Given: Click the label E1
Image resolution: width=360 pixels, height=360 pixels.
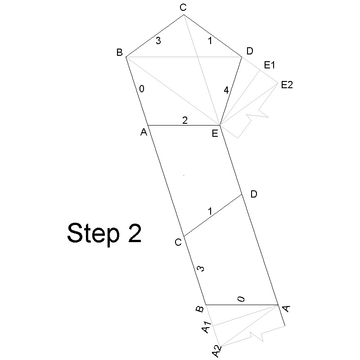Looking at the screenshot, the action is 270,65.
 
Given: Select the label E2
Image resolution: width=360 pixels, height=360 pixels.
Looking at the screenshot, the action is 287,85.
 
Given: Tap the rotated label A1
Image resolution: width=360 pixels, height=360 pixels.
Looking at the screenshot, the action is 207,327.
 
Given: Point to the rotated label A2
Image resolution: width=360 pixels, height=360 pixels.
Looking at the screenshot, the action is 216,351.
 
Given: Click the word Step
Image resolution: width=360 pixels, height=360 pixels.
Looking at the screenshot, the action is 94,234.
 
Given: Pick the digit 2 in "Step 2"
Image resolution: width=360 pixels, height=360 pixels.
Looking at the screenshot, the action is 135,232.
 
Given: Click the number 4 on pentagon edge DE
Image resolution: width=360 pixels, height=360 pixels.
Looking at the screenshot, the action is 226,90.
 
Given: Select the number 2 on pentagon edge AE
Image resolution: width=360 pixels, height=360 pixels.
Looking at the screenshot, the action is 185,120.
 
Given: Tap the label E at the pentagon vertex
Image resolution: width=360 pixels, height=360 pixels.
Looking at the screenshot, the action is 215,133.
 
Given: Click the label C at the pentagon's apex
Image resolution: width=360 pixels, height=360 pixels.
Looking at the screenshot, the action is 183,8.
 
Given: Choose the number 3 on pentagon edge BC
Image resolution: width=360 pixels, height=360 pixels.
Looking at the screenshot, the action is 158,40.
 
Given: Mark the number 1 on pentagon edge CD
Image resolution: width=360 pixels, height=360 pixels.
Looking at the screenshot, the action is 210,41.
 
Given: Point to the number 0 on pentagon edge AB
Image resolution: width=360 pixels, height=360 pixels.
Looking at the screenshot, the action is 142,89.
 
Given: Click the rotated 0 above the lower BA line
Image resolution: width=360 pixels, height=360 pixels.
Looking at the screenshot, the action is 241,299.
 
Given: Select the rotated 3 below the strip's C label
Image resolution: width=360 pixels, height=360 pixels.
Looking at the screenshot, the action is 201,268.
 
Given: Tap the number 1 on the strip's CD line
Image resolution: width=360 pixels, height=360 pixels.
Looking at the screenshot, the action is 210,211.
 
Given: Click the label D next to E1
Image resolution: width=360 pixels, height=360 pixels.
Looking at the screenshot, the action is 250,51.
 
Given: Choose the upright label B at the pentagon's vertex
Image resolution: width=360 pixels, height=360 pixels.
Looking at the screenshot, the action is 119,53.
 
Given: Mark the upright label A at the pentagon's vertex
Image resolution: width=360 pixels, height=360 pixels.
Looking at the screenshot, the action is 144,132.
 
